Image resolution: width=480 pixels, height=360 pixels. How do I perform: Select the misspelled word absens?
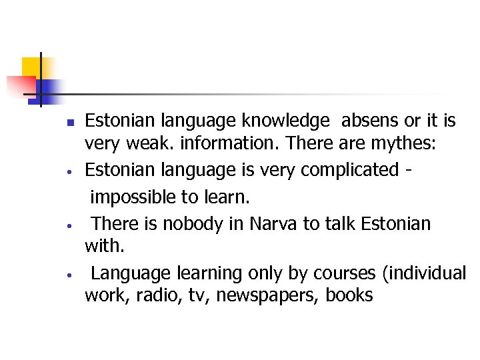click(x=372, y=121)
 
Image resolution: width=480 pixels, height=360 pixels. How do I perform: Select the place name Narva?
click(x=273, y=223)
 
